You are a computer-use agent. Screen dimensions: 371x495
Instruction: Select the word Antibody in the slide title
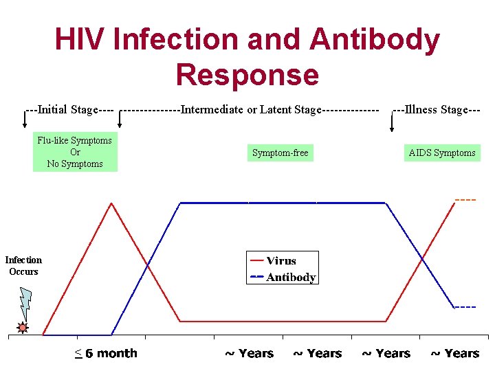[374, 40]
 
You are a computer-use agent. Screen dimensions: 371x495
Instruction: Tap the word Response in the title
[247, 74]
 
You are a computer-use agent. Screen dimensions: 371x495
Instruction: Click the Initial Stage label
[69, 110]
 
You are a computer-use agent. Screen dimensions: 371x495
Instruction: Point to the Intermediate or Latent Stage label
[250, 110]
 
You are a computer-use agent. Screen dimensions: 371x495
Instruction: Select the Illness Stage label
[436, 110]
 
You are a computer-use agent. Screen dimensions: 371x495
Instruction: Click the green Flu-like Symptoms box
[75, 152]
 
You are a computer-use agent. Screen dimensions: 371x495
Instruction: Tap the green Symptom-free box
[280, 153]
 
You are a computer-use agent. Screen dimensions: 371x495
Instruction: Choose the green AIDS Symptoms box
[442, 153]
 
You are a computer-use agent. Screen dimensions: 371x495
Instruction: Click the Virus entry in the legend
[280, 260]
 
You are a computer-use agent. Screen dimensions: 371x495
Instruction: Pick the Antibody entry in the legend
[289, 278]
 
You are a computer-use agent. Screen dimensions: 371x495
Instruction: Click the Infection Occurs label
[23, 266]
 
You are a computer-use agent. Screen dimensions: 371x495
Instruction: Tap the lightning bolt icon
[25, 302]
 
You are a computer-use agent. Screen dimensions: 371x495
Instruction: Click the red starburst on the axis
[23, 328]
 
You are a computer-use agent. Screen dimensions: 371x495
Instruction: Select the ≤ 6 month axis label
[106, 354]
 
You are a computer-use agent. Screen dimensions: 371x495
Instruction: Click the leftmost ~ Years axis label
[249, 354]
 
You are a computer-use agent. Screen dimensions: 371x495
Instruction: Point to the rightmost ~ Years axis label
[454, 354]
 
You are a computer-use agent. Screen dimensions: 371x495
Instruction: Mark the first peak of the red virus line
[111, 203]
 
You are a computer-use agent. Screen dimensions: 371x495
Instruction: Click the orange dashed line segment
[465, 200]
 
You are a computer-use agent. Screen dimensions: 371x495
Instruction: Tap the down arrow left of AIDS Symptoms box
[393, 123]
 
